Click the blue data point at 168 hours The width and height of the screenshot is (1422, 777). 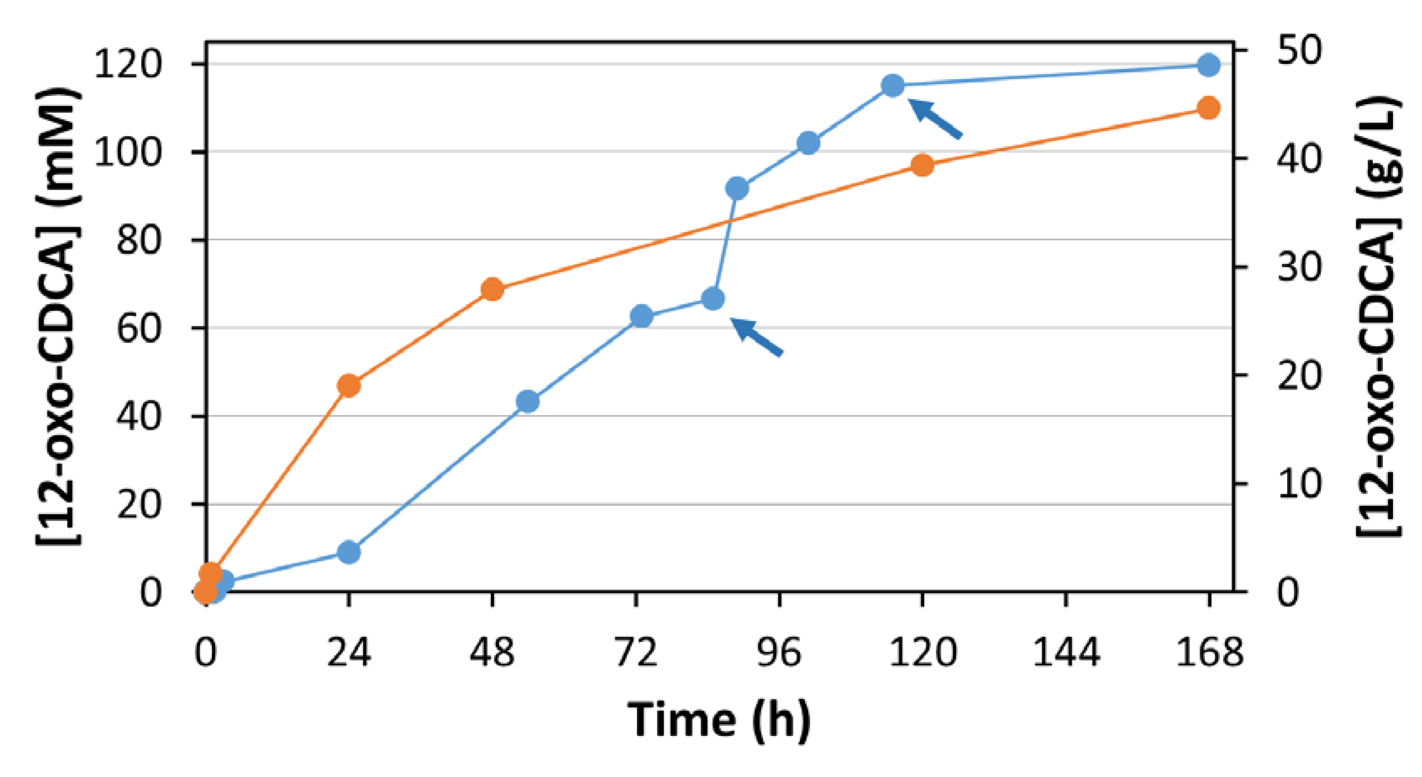(x=1209, y=65)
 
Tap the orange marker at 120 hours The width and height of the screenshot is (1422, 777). (x=922, y=165)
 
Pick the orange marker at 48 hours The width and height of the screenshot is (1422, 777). (x=492, y=289)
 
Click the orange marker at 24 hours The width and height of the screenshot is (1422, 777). (x=349, y=385)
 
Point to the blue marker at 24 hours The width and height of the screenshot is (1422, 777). (x=349, y=552)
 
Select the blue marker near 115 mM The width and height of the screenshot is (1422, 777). (x=893, y=86)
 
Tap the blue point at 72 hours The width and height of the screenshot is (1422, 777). (x=641, y=316)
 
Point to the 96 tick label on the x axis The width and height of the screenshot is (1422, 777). (x=779, y=653)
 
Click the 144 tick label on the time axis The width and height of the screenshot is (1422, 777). (x=1066, y=653)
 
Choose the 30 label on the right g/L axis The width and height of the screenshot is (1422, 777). (x=1299, y=268)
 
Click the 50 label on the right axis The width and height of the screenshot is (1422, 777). (x=1299, y=51)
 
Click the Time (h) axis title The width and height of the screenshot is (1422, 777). (x=719, y=720)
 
